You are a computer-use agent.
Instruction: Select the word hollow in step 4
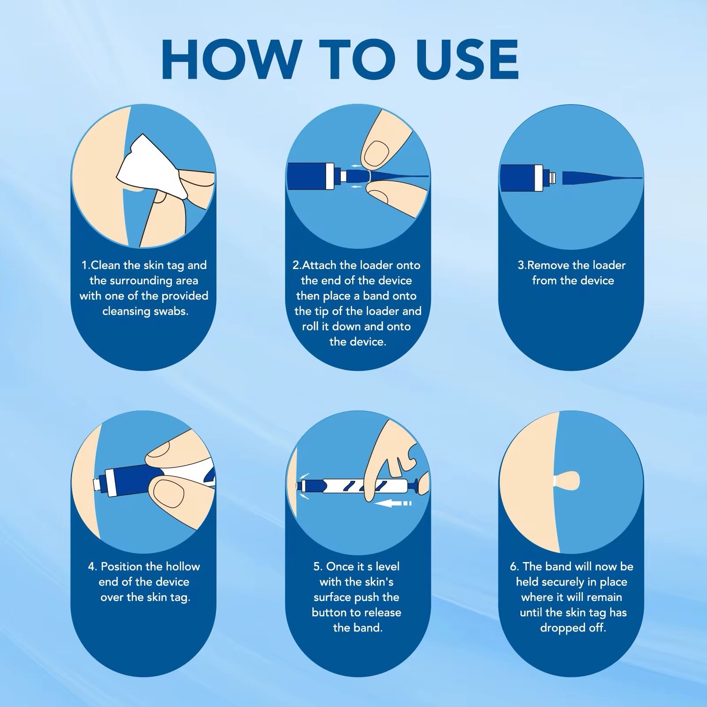(x=180, y=566)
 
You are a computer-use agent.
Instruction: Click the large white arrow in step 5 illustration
(x=392, y=503)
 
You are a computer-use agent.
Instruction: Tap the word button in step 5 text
(x=328, y=612)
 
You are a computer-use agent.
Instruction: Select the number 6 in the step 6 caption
(x=513, y=566)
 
